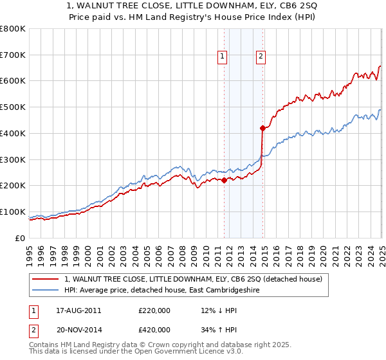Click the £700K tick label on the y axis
click(13, 55)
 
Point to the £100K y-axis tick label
click(13, 212)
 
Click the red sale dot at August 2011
click(224, 180)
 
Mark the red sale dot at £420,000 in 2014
click(262, 128)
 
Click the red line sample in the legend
click(46, 279)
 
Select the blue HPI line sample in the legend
click(46, 290)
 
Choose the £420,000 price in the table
click(154, 330)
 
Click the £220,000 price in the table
click(154, 310)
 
